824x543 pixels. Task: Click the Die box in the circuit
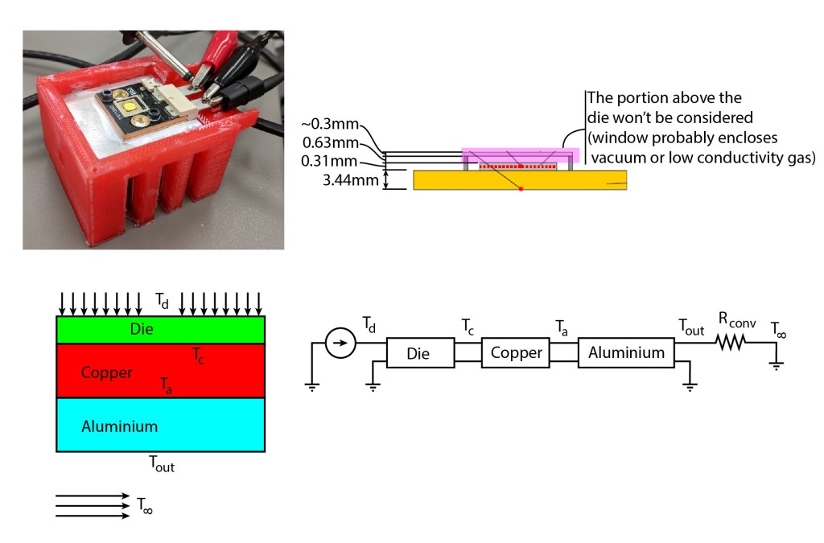[x=418, y=352]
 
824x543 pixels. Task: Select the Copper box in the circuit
[x=516, y=352]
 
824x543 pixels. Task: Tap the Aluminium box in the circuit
[x=626, y=352]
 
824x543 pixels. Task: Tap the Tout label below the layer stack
[x=161, y=464]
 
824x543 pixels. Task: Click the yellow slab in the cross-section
[x=520, y=180]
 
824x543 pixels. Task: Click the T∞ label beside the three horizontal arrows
[x=145, y=505]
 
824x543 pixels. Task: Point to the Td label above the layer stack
[x=162, y=301]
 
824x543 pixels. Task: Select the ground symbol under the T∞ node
[x=777, y=364]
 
